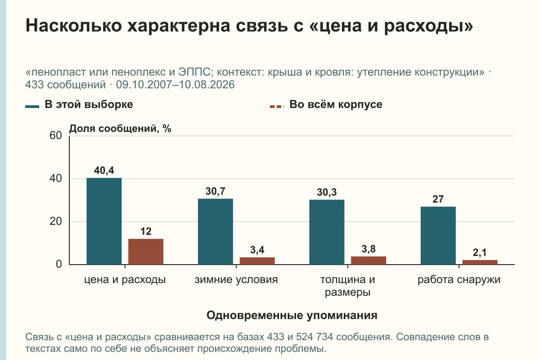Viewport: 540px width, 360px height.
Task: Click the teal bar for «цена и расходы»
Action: [104, 221]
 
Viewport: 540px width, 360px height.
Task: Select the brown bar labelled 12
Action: [146, 252]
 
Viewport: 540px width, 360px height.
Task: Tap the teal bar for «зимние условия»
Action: [215, 231]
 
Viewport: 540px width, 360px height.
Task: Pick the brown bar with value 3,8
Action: [369, 261]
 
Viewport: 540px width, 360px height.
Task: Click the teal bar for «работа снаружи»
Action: [438, 236]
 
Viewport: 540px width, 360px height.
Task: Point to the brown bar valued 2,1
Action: [480, 262]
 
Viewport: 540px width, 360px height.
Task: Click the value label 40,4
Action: [104, 171]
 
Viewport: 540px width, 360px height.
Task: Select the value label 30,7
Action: [215, 191]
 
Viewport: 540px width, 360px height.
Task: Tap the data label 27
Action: [438, 199]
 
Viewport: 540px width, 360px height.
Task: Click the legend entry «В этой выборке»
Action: [79, 105]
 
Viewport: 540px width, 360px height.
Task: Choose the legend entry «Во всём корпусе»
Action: [326, 105]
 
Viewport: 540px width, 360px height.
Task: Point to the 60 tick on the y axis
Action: [56, 135]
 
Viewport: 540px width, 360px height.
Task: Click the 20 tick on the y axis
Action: [56, 221]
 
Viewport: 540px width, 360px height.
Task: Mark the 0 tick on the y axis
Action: [59, 264]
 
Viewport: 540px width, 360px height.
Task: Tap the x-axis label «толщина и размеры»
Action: [347, 286]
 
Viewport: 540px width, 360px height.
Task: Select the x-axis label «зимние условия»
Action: [236, 280]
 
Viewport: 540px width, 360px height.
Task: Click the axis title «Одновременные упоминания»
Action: [292, 315]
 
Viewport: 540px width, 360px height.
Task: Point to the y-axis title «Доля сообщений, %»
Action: [120, 129]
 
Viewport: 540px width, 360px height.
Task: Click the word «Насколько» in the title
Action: [73, 25]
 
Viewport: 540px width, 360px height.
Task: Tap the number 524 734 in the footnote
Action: [315, 337]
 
